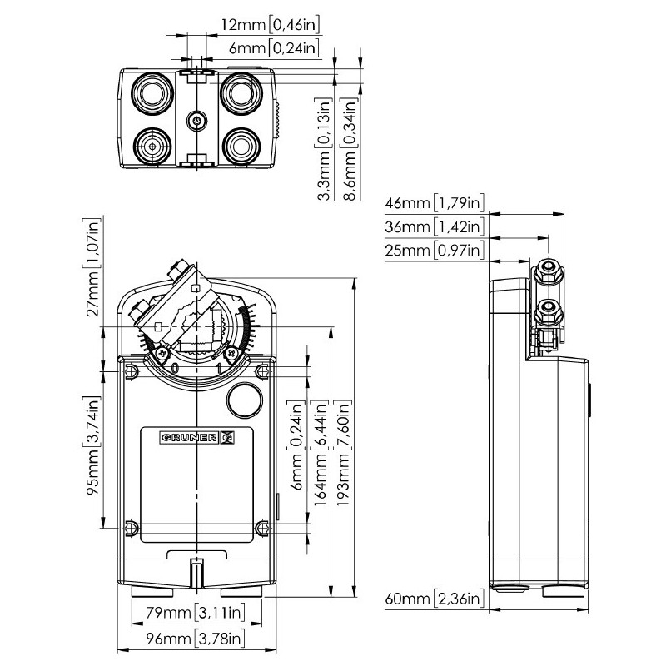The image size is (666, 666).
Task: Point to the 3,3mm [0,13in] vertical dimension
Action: coord(325,149)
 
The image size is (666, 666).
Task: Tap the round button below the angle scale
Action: coord(243,400)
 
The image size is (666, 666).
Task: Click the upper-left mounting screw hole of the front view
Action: coord(130,370)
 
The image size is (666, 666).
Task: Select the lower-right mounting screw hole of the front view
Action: coord(263,526)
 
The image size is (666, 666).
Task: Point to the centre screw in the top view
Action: coord(196,121)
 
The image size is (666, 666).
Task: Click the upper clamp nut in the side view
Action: coord(547,269)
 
